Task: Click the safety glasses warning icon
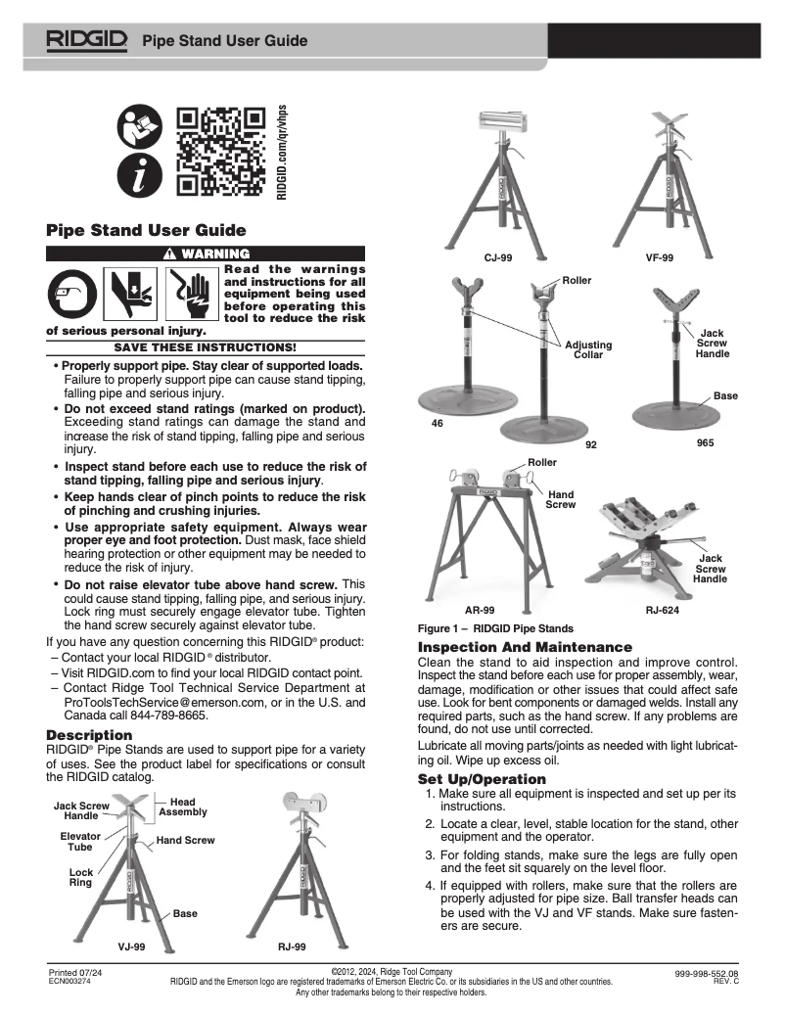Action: (x=73, y=291)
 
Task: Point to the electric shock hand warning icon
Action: (x=189, y=291)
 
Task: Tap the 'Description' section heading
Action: (x=89, y=734)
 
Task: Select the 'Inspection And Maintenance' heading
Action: (x=525, y=648)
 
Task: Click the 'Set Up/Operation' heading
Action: (x=482, y=779)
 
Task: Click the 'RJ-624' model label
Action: (x=662, y=609)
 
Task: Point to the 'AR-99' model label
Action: (x=479, y=609)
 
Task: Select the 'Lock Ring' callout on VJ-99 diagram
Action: (x=80, y=877)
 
